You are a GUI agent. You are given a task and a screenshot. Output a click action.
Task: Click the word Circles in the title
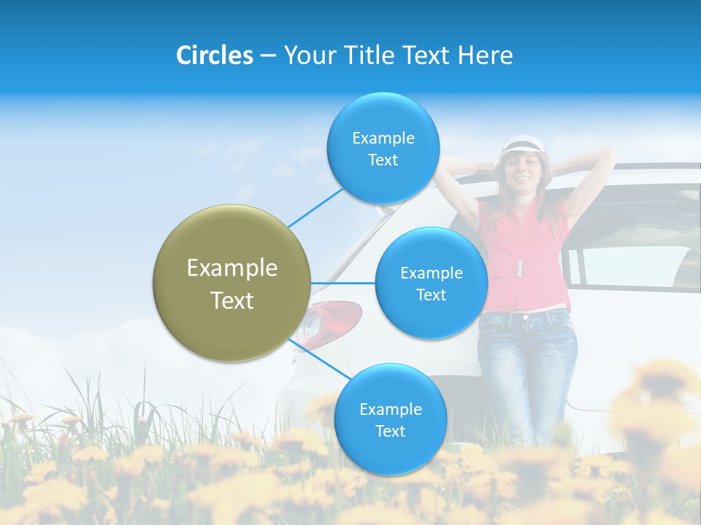pos(215,55)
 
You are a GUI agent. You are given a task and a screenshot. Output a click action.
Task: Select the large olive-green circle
pos(232,283)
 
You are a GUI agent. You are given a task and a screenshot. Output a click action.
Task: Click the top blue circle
pos(383,148)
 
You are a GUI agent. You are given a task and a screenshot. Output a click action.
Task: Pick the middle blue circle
pos(431,283)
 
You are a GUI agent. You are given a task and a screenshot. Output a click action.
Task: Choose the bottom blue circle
pos(390,419)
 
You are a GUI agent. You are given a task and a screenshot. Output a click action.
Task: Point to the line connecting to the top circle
pos(315,206)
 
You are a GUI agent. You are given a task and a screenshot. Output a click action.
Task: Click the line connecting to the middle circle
pos(343,283)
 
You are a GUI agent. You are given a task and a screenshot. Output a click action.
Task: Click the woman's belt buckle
pos(519,268)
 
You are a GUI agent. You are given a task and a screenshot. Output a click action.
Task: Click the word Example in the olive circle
pos(232,268)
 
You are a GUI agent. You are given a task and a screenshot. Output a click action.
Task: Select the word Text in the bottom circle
pos(390,431)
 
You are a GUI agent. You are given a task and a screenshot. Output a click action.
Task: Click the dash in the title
pos(268,55)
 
